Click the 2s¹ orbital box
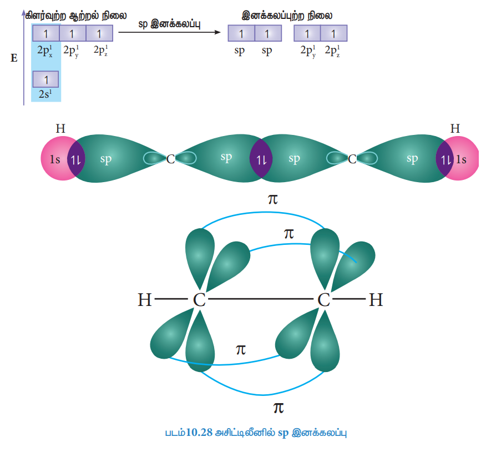[45, 79]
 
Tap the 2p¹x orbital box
[46, 33]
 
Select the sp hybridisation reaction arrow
[170, 32]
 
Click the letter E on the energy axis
[14, 58]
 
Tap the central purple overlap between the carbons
[261, 158]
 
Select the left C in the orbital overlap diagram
[170, 159]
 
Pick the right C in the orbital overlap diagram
[352, 159]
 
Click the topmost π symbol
[273, 199]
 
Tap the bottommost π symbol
[279, 408]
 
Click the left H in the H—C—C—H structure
[145, 300]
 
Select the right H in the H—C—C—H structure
[376, 300]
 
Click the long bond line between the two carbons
[260, 299]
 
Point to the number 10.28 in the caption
[199, 432]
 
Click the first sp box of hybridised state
[241, 33]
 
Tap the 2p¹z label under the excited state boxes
[101, 51]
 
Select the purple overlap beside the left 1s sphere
[76, 159]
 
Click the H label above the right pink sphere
[455, 128]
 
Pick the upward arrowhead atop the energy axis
[23, 12]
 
